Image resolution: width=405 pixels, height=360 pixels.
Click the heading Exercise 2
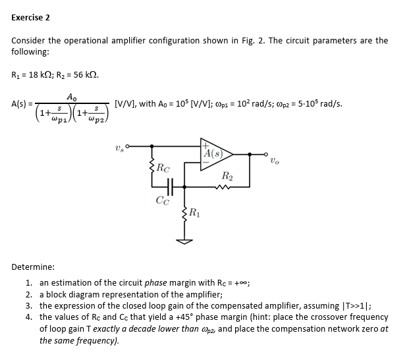[30, 17]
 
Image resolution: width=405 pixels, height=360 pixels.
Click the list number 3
[29, 305]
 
